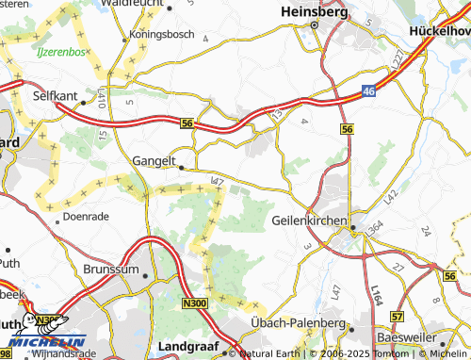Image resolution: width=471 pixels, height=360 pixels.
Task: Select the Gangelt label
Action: tap(154, 161)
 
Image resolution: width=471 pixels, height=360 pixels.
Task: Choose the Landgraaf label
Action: tap(188, 345)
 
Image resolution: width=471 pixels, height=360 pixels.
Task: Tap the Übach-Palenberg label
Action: tap(298, 323)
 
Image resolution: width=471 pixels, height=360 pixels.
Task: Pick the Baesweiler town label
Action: tap(409, 336)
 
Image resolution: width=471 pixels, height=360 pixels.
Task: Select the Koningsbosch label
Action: tap(162, 35)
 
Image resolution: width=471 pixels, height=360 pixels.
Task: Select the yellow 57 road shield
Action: tap(397, 318)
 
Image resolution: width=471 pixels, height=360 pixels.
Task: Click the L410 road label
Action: tap(100, 97)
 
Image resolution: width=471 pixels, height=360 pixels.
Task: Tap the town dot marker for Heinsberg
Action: tap(313, 26)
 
